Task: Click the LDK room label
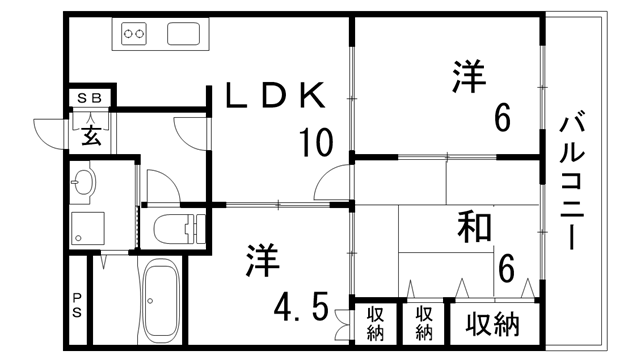tap(273, 97)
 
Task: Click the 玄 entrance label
tap(91, 134)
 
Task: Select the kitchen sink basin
tap(188, 35)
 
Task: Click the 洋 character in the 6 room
tap(468, 79)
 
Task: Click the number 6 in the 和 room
tap(506, 267)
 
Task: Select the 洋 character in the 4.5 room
tap(257, 260)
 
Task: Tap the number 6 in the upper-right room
tap(502, 118)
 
